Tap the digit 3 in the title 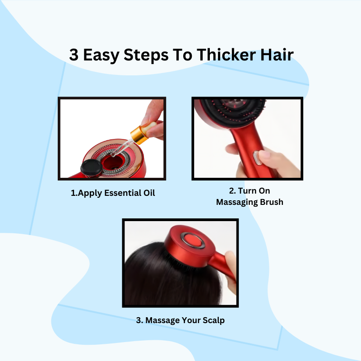[74, 55]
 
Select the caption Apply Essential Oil [113, 193]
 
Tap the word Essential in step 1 [120, 193]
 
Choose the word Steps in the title [146, 55]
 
